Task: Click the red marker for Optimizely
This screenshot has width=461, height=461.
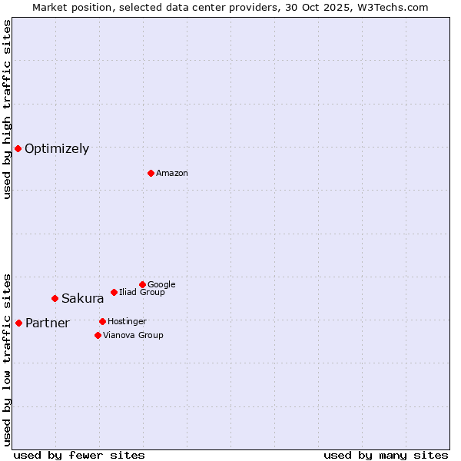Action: coord(18,148)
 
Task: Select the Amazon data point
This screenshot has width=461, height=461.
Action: coord(151,173)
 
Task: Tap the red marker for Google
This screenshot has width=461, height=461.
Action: coord(142,284)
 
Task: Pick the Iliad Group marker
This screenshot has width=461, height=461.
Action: coord(114,292)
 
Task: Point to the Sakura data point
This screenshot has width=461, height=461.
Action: coord(55,298)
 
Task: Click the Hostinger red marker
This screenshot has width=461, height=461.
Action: coord(102,321)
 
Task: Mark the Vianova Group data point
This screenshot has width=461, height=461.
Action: coord(98,335)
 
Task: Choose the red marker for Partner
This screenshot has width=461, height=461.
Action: coord(18,323)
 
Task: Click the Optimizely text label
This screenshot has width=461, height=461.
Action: coord(57,149)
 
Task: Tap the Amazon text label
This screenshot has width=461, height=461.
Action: coord(172,174)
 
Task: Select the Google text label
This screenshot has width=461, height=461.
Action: coord(161,284)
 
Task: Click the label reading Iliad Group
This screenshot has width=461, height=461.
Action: coord(142,292)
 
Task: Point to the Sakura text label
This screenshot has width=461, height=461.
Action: coord(83,299)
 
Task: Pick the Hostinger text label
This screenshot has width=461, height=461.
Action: coord(127,321)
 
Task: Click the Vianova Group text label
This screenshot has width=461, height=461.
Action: coord(133,335)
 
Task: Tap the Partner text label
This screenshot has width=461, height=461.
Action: coord(48,323)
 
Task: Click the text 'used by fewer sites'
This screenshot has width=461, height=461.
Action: coord(79,455)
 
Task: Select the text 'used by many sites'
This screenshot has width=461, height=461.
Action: coord(386,455)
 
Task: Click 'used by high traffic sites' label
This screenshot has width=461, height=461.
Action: coord(7,109)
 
